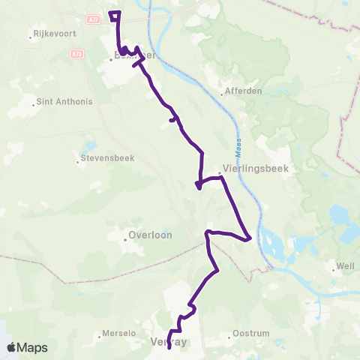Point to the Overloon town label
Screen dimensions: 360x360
[151, 235]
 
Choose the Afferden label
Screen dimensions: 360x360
[242, 94]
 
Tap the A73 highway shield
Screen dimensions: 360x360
[77, 54]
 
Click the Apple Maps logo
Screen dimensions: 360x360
[27, 348]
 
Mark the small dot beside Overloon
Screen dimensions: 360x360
[126, 239]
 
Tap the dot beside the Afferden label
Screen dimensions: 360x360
[223, 94]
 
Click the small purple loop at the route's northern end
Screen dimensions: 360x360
[115, 15]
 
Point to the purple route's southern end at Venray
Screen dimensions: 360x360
[169, 347]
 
